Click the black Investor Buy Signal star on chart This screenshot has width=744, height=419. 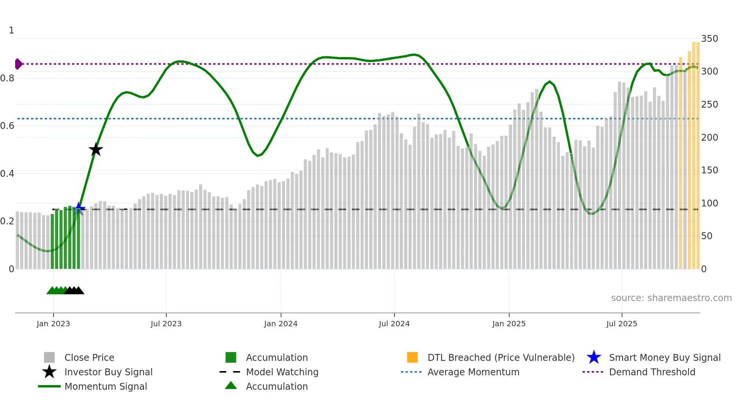[96, 149]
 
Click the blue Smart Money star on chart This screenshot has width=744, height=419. [79, 208]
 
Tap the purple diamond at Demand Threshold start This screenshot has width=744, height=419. [18, 64]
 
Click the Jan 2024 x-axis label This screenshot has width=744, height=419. [281, 324]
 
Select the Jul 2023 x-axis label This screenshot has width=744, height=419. [166, 324]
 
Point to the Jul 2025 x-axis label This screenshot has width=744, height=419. [621, 324]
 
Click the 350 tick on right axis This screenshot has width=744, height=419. [709, 39]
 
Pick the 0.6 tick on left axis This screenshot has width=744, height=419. [8, 126]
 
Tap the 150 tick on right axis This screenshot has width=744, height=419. [709, 170]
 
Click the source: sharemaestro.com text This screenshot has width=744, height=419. [671, 298]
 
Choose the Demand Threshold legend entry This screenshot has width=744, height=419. [652, 372]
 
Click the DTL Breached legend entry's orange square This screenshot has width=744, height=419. [412, 357]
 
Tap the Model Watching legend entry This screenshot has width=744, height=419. [282, 372]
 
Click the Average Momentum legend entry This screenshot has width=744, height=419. [473, 372]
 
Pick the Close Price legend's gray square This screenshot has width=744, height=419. [49, 357]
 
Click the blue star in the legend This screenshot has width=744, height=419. [594, 357]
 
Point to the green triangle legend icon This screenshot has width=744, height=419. [231, 386]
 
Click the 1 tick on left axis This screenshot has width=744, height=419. [11, 30]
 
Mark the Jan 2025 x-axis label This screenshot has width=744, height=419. [509, 324]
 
